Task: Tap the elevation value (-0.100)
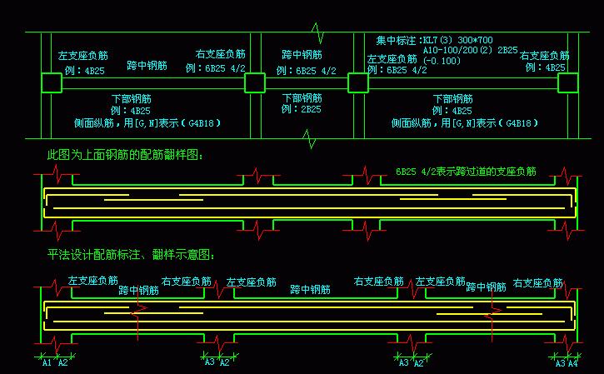pos(442,61)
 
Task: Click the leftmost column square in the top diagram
pos(51,82)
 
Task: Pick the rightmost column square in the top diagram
pos(568,82)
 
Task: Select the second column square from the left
pos(254,82)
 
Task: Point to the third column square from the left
pos(357,82)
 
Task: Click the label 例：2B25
pos(301,109)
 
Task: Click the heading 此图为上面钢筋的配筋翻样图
pos(125,154)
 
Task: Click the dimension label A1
pos(47,362)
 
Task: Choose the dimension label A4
pos(572,362)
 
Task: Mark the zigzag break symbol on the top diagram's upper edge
pos(317,32)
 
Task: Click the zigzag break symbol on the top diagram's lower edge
pos(311,139)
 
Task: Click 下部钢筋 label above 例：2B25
pos(302,97)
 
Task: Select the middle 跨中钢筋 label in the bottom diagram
pos(310,290)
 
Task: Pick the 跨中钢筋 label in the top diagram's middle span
pos(302,55)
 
